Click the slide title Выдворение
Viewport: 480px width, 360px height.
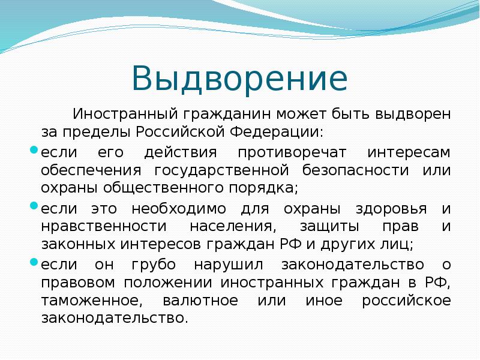(x=239, y=79)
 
